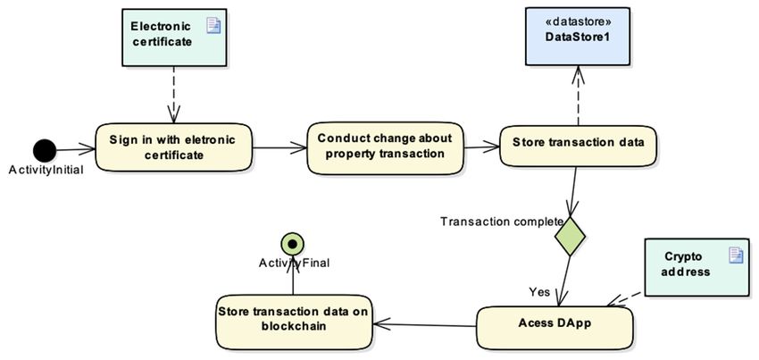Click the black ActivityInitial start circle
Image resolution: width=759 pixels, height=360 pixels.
point(45,150)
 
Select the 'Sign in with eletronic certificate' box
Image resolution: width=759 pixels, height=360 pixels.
point(173,147)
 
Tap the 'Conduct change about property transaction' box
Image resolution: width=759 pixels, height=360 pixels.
point(385,147)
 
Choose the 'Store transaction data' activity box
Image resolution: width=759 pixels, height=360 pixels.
point(578,147)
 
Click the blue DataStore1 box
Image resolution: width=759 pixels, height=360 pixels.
point(578,38)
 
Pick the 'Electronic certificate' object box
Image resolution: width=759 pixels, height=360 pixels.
point(174,38)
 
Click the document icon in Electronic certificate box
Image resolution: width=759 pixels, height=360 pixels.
point(213,25)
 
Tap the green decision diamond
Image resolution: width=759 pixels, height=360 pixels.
point(570,236)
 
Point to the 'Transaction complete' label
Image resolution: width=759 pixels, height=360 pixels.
point(502,222)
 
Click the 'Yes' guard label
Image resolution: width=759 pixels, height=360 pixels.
point(539,292)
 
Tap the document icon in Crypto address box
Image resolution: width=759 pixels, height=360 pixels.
point(736,255)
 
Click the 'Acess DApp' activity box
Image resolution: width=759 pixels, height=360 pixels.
point(555,328)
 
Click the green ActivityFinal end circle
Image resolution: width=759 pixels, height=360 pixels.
point(292,245)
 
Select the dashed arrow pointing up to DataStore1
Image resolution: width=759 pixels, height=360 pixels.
point(578,96)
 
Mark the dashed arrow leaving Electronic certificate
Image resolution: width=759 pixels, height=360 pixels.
point(173,95)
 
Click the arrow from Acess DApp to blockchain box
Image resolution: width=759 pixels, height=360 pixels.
point(424,324)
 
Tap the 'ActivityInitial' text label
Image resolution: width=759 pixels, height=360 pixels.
point(46,170)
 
